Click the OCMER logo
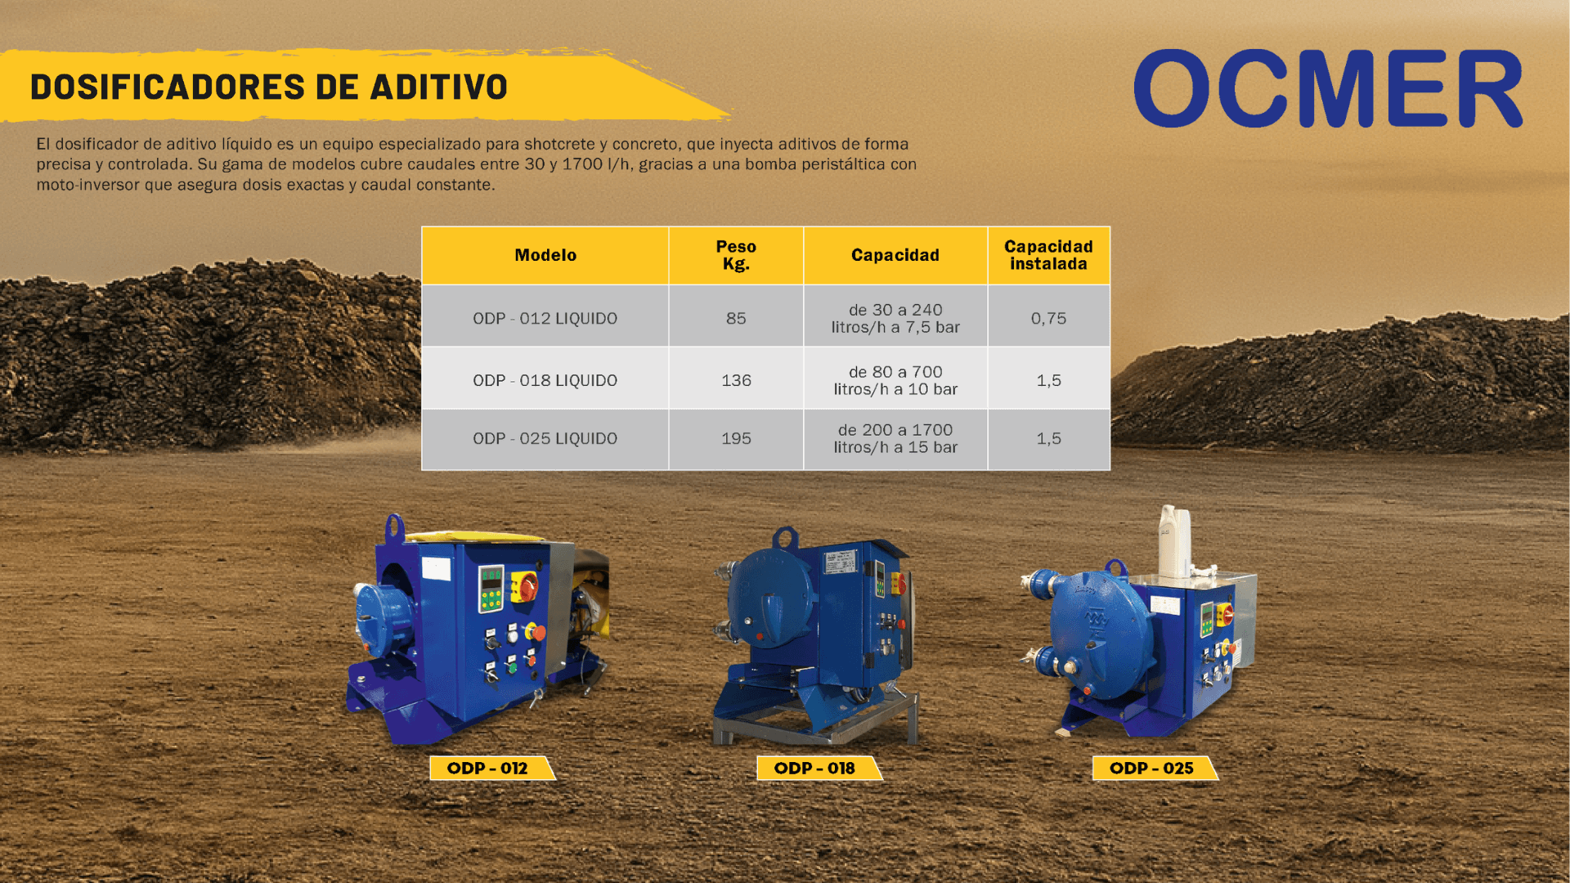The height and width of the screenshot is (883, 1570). pos(1328,87)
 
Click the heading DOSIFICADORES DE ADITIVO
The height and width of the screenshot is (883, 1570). pos(269,87)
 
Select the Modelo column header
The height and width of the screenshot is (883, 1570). pos(545,255)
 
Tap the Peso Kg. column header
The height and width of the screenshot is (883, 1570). pos(736,255)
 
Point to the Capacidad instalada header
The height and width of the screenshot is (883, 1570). pos(1048,255)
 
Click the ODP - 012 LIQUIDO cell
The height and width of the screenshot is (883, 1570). pos(545,318)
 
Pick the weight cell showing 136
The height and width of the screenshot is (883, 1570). pos(736,380)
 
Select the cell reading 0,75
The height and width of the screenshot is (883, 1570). pos(1048,318)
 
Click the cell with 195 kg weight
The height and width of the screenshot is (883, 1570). pos(736,438)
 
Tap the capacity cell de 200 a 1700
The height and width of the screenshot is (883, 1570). pos(895,438)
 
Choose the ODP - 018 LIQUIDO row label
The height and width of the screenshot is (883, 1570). pos(545,380)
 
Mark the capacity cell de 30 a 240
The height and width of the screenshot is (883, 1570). pos(895,318)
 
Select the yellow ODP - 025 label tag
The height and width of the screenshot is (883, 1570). pos(1155,768)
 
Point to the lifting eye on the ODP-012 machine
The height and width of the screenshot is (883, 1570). pos(394,527)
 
